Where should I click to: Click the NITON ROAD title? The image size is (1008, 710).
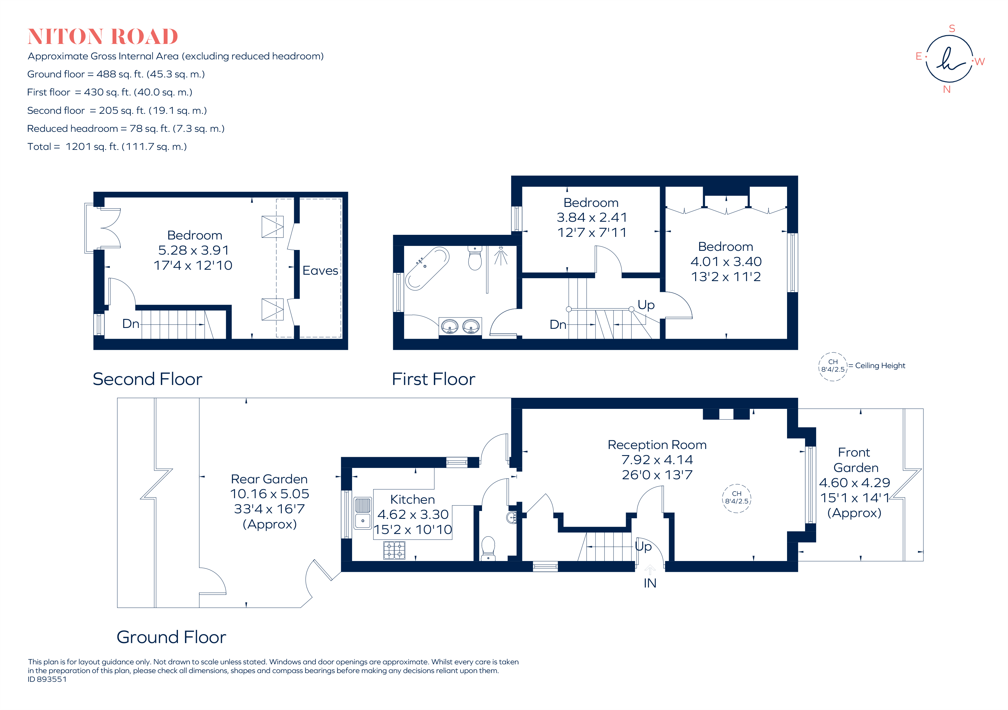(x=103, y=36)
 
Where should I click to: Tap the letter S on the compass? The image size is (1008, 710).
(x=952, y=29)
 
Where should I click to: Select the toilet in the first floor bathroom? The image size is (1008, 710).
(x=474, y=258)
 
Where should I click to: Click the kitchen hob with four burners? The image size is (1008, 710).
(x=394, y=550)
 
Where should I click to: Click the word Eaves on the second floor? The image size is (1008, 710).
(x=320, y=271)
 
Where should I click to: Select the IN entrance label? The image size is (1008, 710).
(x=650, y=583)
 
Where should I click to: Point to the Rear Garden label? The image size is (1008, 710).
(x=269, y=479)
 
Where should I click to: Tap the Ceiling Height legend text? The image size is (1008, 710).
(x=880, y=365)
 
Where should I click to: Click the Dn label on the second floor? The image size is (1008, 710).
(x=130, y=324)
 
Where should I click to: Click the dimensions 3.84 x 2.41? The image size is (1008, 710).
(x=591, y=217)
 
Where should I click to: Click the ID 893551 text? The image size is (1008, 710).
(x=47, y=679)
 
